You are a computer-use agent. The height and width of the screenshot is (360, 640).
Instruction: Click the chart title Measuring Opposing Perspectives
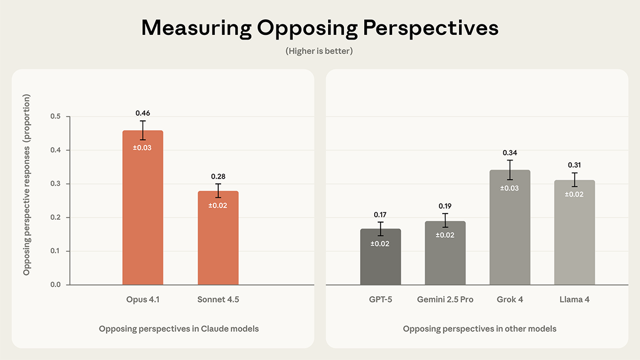(319, 28)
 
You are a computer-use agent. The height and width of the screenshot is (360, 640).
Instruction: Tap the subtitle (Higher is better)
(319, 51)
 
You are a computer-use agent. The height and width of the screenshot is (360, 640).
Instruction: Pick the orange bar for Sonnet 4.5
(218, 244)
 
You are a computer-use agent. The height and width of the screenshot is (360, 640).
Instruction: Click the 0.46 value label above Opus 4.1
(143, 113)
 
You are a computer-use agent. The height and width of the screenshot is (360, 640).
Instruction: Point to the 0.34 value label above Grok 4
(510, 152)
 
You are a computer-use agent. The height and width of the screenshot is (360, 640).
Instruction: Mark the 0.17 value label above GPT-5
(381, 215)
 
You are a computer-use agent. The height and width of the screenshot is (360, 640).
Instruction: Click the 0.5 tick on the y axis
(55, 117)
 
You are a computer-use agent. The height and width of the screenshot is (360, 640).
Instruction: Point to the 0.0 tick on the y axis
(55, 285)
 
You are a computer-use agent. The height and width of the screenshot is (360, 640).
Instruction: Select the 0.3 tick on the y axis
(55, 184)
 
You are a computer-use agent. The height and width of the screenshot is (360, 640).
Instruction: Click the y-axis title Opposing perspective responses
(27, 185)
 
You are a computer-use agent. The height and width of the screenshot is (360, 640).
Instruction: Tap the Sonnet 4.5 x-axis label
(218, 300)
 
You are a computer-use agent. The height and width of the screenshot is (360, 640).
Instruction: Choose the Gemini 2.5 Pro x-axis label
(445, 300)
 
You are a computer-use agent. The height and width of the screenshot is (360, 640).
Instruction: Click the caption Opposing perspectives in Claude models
(179, 329)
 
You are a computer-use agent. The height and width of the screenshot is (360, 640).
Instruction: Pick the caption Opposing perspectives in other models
(479, 329)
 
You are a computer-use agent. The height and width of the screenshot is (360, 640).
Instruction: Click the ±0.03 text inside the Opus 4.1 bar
(143, 148)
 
